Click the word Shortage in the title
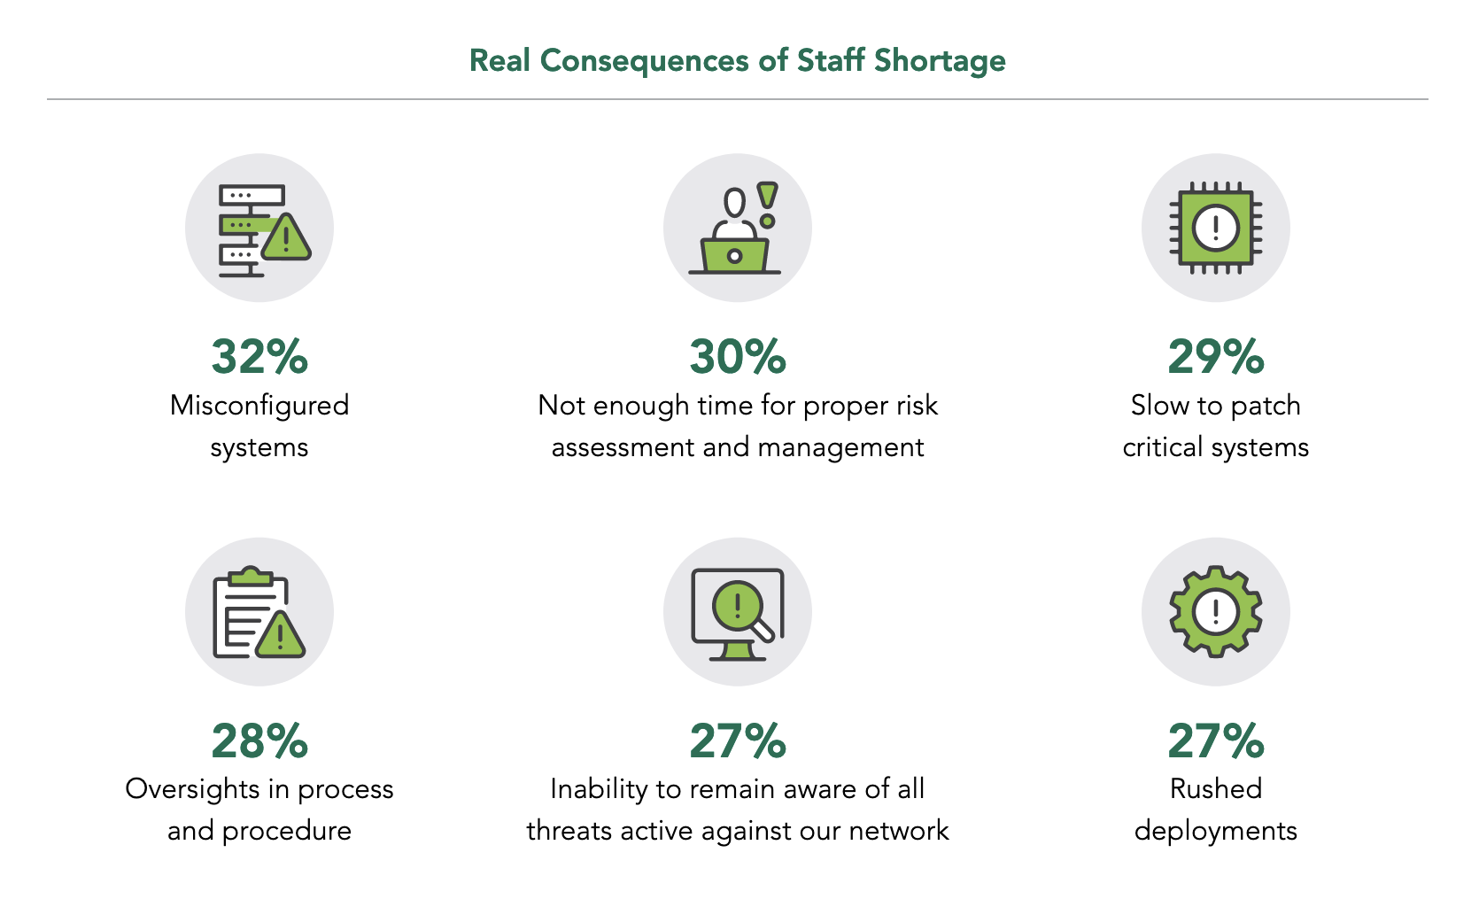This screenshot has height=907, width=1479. (940, 61)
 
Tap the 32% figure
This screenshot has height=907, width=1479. (259, 357)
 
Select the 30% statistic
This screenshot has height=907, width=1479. (738, 357)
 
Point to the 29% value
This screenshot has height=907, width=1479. (1216, 357)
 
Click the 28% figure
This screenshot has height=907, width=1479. (259, 741)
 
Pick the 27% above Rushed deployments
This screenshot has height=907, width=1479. (1216, 741)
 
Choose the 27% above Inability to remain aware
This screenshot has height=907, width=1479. (738, 741)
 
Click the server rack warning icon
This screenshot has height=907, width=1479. (260, 229)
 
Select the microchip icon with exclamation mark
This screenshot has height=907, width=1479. (1215, 229)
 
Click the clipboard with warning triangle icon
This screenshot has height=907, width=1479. (259, 613)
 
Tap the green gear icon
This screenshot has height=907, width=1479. (1215, 611)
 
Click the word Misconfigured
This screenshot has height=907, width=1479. (259, 406)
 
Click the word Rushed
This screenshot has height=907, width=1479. (1216, 789)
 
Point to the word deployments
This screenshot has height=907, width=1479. (1216, 831)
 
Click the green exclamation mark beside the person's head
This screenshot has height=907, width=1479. (768, 203)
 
